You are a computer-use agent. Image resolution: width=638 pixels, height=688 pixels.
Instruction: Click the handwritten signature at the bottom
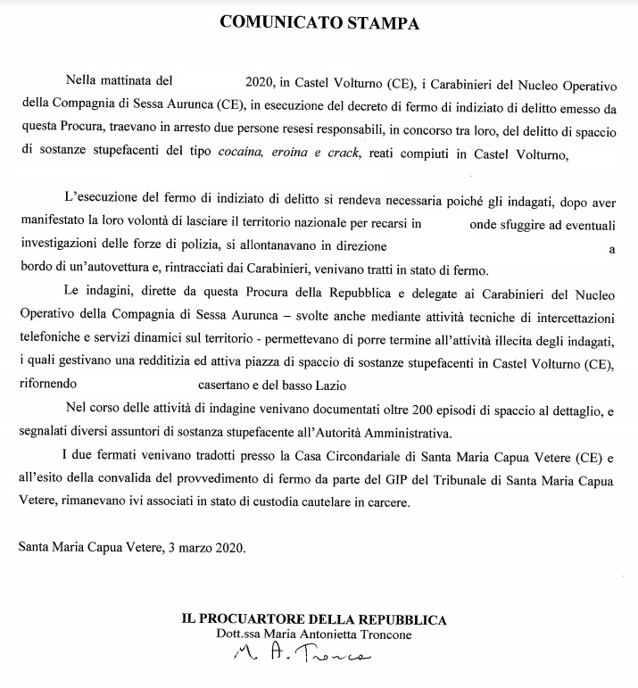click(x=302, y=659)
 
